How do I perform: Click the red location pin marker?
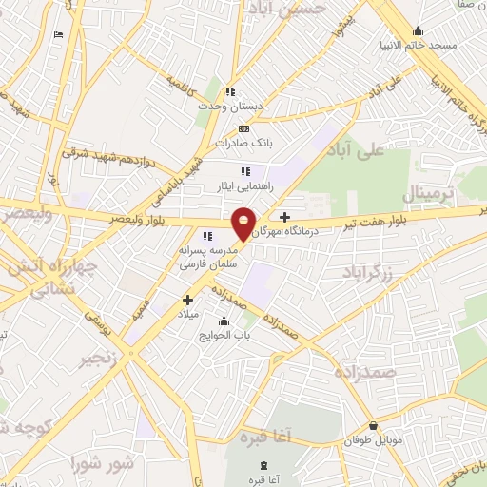(x=244, y=224)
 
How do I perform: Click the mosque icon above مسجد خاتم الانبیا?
(x=418, y=30)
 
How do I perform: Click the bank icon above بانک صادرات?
(x=244, y=128)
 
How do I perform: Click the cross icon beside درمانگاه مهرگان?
(x=284, y=217)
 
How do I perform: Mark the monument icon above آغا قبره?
(x=263, y=466)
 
